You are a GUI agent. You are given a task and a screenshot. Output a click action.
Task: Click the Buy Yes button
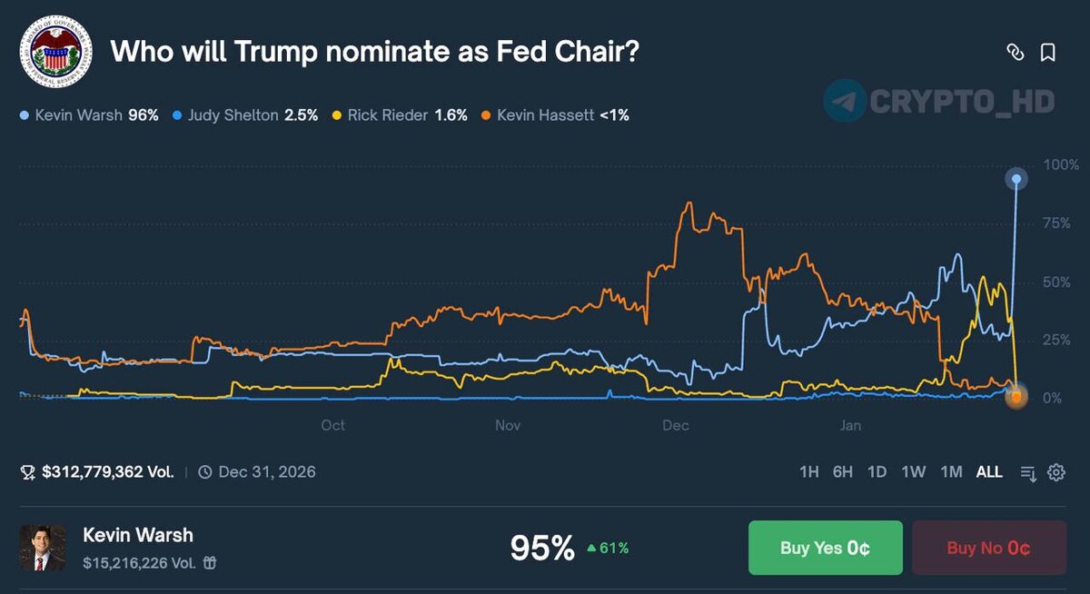click(825, 548)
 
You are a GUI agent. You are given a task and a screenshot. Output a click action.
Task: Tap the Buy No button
click(988, 548)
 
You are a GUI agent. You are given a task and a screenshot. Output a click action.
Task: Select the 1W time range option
click(913, 471)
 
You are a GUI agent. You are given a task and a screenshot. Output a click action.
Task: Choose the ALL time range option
click(989, 471)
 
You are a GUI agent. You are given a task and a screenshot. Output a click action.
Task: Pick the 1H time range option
click(808, 471)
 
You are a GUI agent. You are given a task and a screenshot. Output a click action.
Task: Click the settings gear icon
click(1055, 472)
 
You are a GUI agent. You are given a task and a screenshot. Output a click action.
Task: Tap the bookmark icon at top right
click(1047, 53)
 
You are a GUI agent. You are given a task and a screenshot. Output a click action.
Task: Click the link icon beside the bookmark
click(1016, 53)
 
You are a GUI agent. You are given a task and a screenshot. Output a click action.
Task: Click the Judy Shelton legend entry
click(245, 115)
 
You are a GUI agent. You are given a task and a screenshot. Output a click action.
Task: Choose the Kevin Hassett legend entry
click(555, 115)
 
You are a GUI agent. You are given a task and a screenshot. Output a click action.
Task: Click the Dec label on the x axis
click(676, 425)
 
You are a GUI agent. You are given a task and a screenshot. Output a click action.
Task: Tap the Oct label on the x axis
click(332, 425)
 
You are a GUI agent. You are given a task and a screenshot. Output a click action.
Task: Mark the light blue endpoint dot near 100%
click(1016, 180)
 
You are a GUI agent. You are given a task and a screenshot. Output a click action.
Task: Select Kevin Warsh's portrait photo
click(43, 548)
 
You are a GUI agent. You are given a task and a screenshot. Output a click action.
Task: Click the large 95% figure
click(542, 548)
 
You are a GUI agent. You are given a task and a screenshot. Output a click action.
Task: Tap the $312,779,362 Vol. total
click(100, 472)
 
